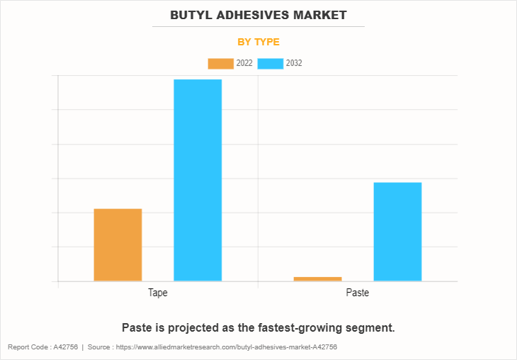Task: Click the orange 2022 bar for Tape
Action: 118,244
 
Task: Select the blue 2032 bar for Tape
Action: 198,180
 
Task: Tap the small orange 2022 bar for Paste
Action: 317,279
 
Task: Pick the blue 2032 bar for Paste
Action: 397,232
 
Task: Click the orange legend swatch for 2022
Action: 220,64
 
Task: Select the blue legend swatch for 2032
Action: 271,64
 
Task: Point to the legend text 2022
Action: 244,64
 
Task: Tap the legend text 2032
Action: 294,64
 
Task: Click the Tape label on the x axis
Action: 158,293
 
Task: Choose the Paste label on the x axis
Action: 358,293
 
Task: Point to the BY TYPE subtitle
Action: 258,42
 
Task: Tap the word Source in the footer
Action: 101,347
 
